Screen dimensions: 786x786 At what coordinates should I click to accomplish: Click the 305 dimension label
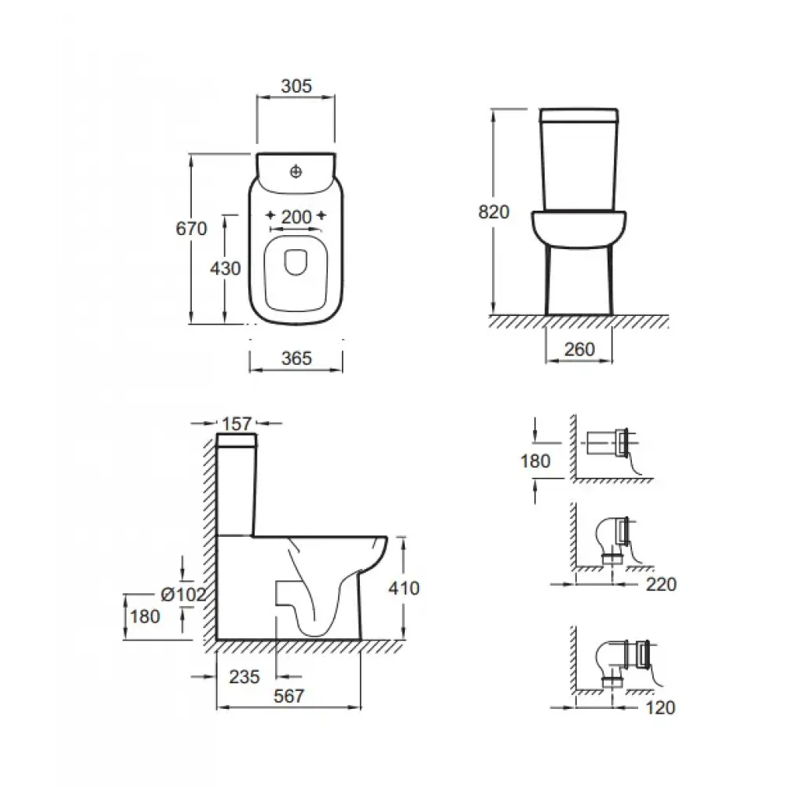coord(296,86)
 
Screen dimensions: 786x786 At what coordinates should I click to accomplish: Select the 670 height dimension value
coord(191,229)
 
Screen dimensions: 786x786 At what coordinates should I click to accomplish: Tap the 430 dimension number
coord(225,269)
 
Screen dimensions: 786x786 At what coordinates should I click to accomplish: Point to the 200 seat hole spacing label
coord(296,217)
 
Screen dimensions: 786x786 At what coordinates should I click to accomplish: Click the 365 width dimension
coord(296,358)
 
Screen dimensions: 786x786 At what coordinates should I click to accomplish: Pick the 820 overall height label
coord(494,212)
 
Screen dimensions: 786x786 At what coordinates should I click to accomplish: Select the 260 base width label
coord(579,349)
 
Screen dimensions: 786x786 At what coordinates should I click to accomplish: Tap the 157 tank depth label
coord(236,424)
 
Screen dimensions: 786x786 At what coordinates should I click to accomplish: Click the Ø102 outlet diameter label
coord(183,594)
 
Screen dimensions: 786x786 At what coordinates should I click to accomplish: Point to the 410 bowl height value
coord(404,588)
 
